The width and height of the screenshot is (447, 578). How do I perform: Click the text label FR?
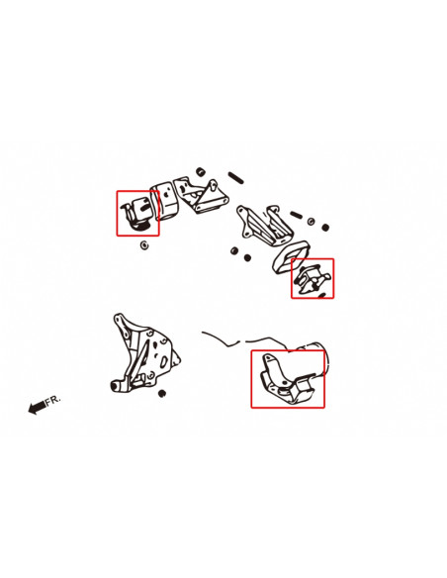tap(52, 400)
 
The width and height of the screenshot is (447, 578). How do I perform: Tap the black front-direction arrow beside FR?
tap(37, 408)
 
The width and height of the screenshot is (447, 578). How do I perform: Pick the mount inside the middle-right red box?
tap(313, 279)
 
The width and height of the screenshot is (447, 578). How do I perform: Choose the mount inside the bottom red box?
tap(287, 379)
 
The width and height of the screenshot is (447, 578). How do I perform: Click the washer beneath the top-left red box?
tap(144, 244)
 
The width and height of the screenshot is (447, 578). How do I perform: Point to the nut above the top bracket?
tap(201, 172)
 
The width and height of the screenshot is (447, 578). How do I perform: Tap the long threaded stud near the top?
tap(235, 178)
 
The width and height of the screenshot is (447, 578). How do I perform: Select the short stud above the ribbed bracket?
tap(296, 215)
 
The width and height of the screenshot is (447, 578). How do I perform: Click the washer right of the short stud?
tap(312, 221)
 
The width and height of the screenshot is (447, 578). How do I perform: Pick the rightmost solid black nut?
tap(325, 228)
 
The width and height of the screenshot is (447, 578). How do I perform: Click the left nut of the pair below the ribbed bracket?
tap(234, 251)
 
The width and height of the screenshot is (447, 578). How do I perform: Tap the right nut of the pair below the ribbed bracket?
tap(247, 257)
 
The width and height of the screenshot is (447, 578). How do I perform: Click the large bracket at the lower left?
tap(143, 354)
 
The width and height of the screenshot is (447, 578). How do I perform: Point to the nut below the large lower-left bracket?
tap(161, 393)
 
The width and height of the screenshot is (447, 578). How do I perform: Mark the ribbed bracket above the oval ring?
tap(264, 226)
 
